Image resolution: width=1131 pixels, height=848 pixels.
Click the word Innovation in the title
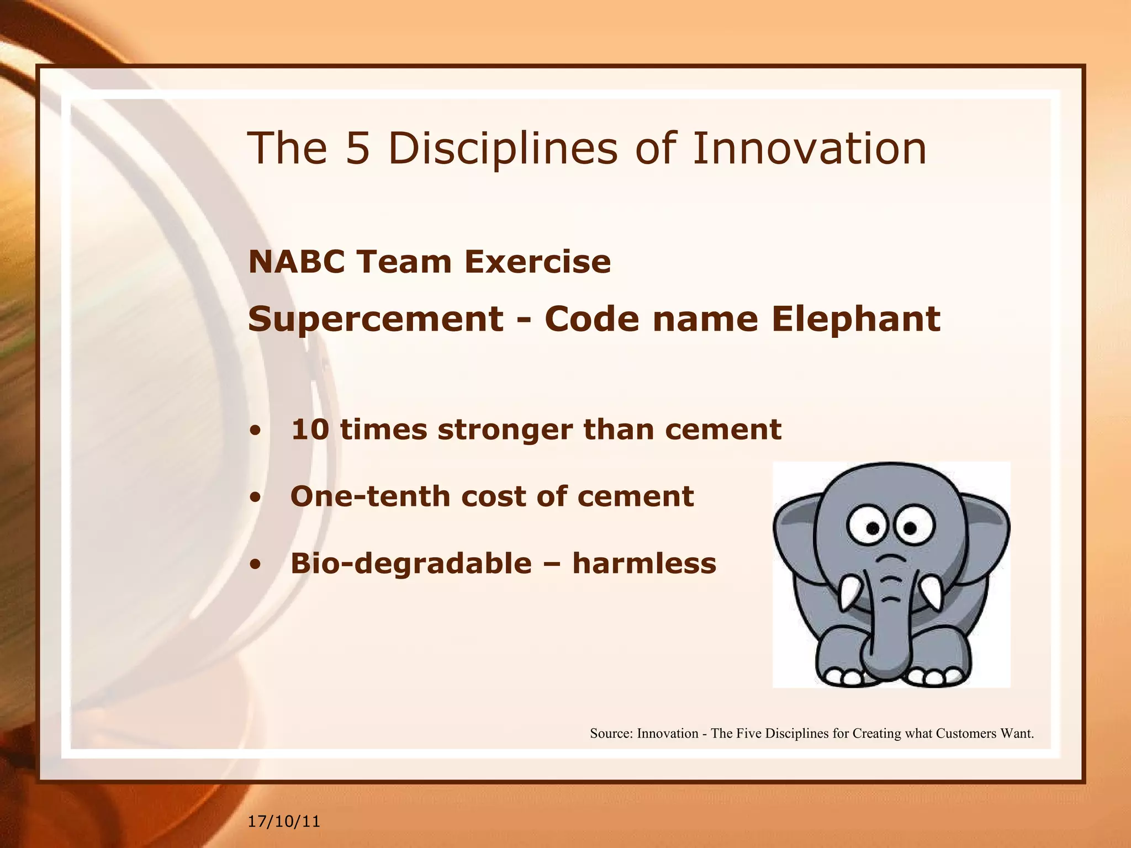coord(809,149)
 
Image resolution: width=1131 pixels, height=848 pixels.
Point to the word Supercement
coord(376,320)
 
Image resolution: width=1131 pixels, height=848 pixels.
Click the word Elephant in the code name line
coord(855,320)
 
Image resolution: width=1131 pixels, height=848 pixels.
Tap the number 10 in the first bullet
coord(310,430)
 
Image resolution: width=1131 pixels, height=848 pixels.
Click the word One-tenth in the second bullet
coord(369,496)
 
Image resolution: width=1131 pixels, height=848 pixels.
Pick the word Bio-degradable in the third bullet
coord(411,564)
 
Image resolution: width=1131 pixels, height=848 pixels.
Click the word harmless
coord(644,564)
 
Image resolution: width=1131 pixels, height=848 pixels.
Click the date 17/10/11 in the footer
coord(284,821)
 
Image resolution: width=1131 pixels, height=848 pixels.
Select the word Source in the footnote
coord(610,733)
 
